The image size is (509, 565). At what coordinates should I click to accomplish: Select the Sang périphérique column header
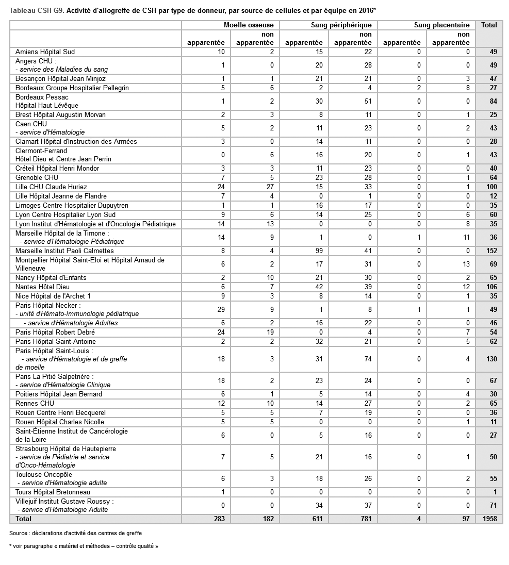coord(341,25)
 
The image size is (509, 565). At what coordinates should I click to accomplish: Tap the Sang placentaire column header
coord(441,25)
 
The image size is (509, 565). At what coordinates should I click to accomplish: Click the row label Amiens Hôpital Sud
coord(45,52)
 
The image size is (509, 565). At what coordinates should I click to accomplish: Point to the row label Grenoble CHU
coord(37,178)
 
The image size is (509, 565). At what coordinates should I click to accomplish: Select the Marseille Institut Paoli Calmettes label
coord(64,251)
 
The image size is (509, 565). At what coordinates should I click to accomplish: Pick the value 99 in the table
coord(319,251)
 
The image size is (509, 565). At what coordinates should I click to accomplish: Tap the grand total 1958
coord(489,519)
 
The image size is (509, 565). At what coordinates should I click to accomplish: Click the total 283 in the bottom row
coord(219,519)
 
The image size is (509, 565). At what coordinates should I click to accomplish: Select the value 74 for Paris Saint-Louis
coord(367,359)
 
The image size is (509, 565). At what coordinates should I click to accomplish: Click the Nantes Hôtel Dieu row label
coord(42,287)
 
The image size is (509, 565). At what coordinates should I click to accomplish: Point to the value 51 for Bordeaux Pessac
coord(367,102)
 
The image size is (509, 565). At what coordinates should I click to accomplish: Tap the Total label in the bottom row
coord(24,519)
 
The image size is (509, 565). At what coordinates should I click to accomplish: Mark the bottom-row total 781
coord(366,519)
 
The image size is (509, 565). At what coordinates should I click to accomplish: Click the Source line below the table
coord(75,533)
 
